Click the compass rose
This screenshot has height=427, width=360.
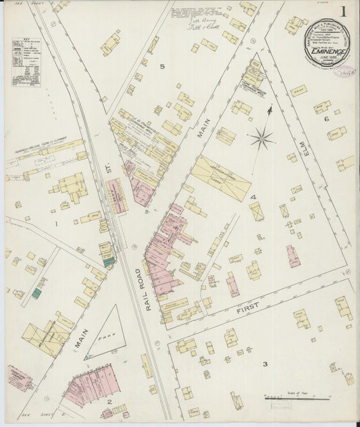(x=261, y=139)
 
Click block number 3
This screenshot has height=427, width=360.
(x=265, y=364)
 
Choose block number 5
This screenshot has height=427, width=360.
(x=162, y=66)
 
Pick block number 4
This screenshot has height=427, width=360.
(x=254, y=197)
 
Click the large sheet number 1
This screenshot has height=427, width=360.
(x=344, y=11)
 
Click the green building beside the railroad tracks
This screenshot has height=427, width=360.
(x=109, y=261)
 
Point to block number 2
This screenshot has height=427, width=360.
(x=107, y=402)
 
